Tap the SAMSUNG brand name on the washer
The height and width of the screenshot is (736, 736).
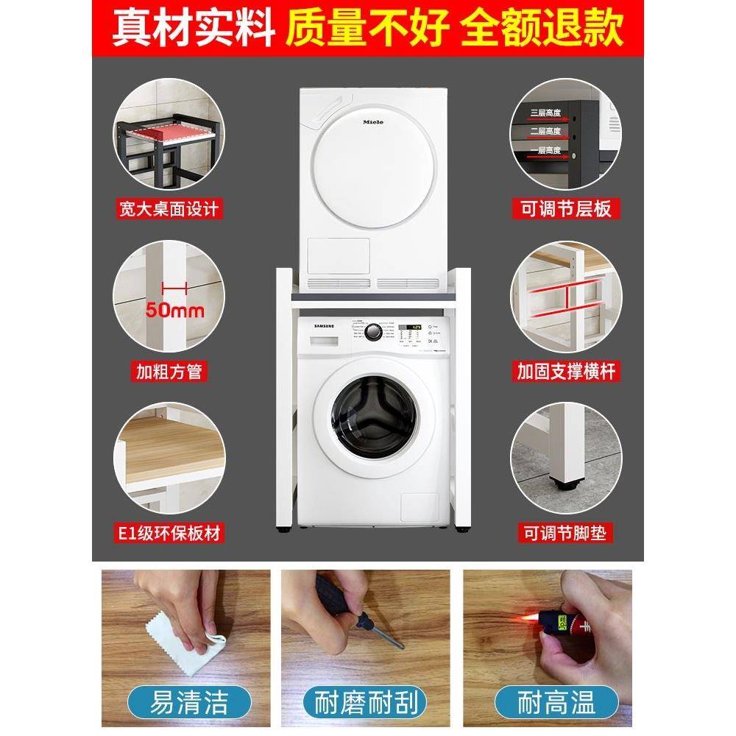point(319,325)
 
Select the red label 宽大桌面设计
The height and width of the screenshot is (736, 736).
point(169,209)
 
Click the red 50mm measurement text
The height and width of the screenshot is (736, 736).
point(174,310)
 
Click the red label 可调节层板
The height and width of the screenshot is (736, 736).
point(566,209)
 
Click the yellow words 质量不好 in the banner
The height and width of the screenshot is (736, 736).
point(366,28)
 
